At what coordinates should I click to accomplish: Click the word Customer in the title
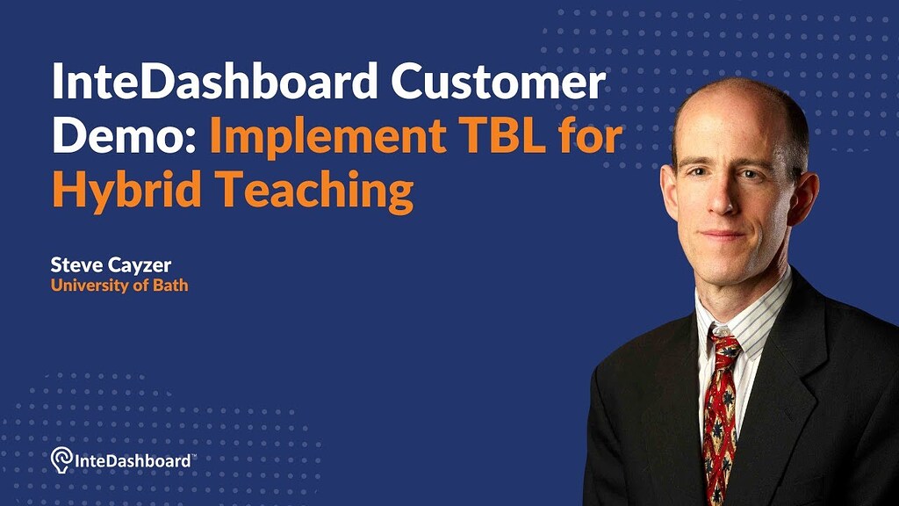498,82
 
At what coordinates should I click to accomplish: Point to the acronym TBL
504,134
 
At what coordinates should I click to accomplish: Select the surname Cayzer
140,266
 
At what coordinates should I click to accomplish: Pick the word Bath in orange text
170,285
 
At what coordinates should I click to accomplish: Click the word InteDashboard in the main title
215,82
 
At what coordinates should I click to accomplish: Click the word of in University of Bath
141,286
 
